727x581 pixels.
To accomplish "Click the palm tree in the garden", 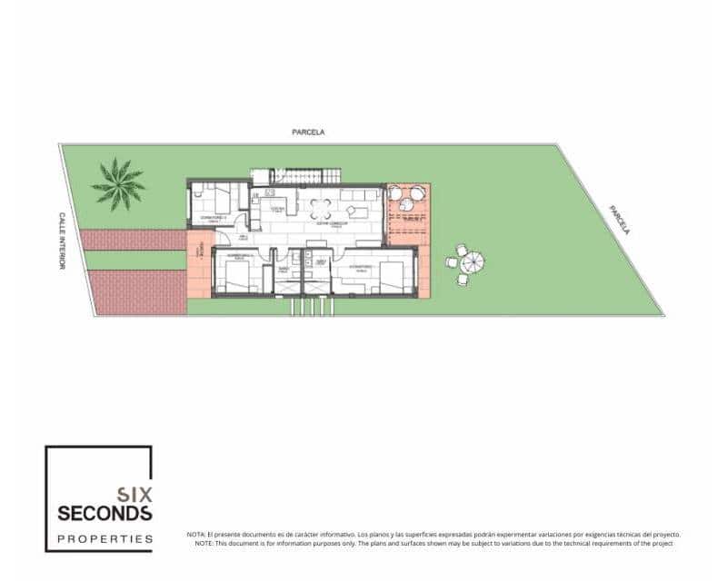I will point(118,183).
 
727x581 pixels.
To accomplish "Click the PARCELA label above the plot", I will point(308,132).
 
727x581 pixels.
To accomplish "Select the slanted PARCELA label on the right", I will point(619,219).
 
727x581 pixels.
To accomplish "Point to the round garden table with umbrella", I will point(471,263).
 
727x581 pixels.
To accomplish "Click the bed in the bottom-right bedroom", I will point(391,272).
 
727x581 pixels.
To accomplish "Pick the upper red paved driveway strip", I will point(134,240).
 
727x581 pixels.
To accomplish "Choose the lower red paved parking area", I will point(138,292).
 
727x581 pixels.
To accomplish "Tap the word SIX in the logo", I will point(134,495).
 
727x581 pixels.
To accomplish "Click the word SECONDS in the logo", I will point(105,514).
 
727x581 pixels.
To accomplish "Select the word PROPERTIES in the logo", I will point(105,538).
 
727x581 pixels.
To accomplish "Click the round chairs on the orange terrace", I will point(406,193).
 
